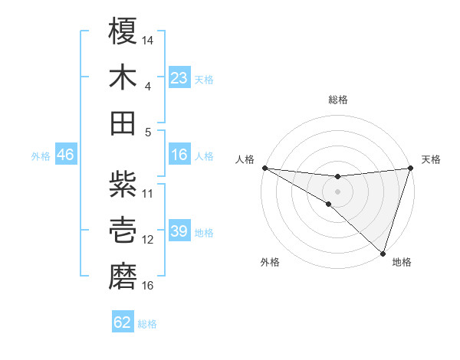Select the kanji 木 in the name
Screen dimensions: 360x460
pos(123,77)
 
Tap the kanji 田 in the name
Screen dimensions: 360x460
pos(123,123)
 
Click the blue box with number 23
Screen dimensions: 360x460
pos(179,77)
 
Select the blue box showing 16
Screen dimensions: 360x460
pos(179,155)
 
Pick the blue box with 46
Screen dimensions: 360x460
pos(65,155)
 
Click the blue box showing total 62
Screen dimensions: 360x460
pos(123,322)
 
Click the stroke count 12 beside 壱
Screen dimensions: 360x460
pos(148,240)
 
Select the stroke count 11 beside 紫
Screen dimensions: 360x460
pos(148,193)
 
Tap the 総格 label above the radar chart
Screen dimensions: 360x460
pos(338,100)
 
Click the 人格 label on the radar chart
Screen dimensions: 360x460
pos(245,159)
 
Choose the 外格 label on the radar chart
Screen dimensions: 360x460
pos(270,262)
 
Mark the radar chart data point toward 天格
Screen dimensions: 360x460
pos(410,168)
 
